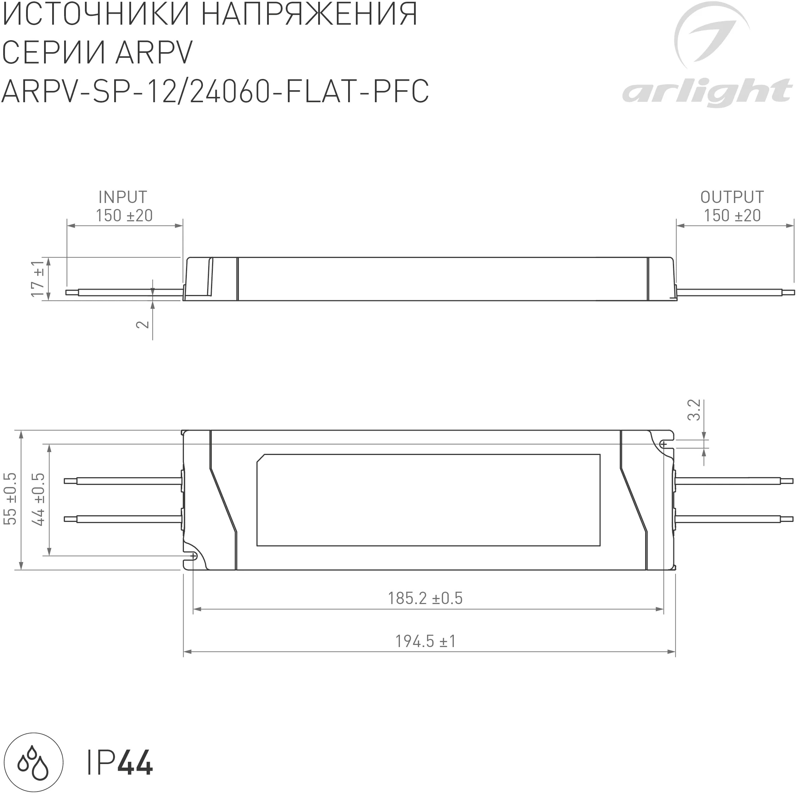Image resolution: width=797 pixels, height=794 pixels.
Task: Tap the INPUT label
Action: (x=123, y=197)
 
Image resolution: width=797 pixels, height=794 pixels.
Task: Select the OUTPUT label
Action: (x=732, y=197)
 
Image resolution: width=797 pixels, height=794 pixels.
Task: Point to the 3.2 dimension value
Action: (x=694, y=410)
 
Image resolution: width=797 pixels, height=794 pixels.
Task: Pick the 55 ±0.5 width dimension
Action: (x=10, y=499)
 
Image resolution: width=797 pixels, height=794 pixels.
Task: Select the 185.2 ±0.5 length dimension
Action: (x=425, y=598)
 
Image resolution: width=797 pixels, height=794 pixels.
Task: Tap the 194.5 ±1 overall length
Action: (x=425, y=641)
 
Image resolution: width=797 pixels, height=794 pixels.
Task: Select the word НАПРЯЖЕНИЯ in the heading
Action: (x=310, y=14)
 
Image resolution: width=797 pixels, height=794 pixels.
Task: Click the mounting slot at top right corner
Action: (x=664, y=444)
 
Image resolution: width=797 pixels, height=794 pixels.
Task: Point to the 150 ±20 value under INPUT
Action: (x=124, y=215)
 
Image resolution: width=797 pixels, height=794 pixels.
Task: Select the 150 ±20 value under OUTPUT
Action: (x=732, y=215)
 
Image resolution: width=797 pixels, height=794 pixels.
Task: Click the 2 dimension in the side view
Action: (x=143, y=324)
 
